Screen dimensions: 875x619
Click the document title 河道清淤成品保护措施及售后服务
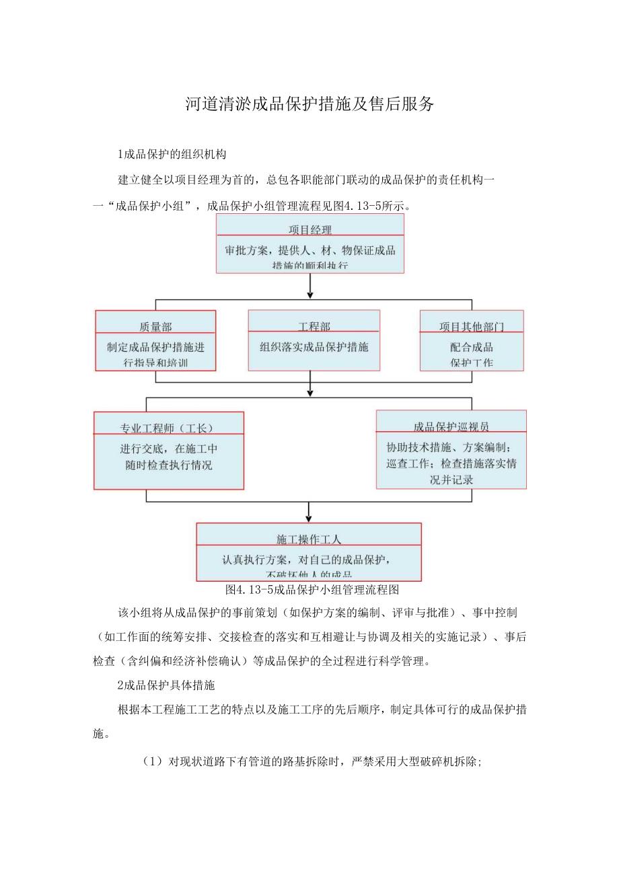(309, 104)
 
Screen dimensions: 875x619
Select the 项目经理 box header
(310, 230)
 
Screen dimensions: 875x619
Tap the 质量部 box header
(155, 327)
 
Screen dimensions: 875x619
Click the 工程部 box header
(314, 327)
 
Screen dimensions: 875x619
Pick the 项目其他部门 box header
(472, 327)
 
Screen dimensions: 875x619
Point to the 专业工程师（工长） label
(168, 428)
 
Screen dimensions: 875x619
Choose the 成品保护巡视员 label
(451, 426)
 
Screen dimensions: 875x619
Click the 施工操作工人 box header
(309, 539)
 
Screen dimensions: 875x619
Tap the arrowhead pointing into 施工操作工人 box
(309, 517)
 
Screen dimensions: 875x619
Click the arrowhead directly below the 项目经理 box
(310, 293)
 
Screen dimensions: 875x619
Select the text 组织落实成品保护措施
(314, 348)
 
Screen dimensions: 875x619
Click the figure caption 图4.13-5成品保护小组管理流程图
(313, 590)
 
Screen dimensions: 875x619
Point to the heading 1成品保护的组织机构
(163, 154)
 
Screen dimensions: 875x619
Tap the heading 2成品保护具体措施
(166, 685)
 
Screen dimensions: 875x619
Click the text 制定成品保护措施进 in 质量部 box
(155, 348)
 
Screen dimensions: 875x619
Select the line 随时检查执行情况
(168, 465)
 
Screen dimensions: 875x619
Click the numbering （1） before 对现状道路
(153, 762)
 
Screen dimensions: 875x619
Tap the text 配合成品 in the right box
(472, 347)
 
